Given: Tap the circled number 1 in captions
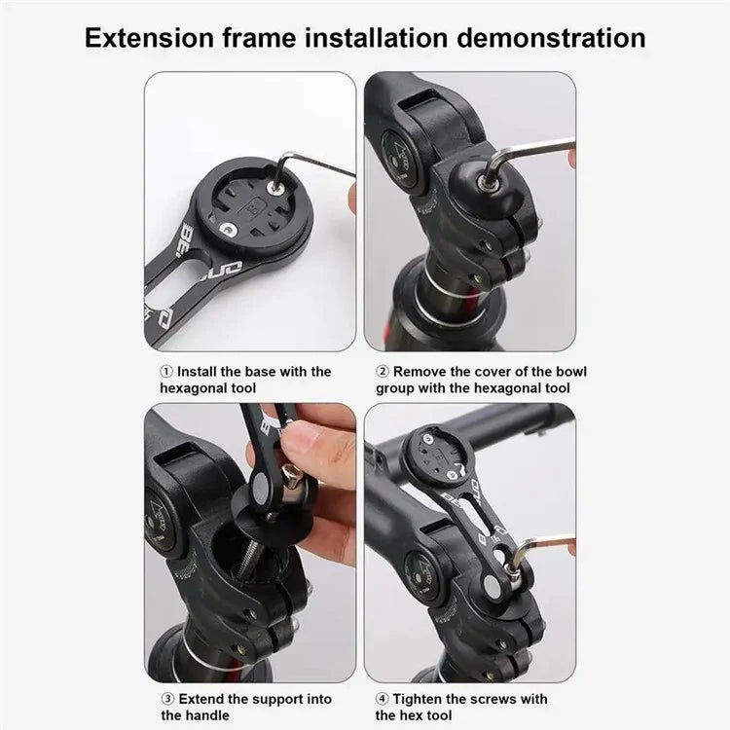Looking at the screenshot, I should (x=166, y=372).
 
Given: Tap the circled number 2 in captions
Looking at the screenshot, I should (x=383, y=372).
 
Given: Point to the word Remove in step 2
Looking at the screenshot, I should (x=423, y=372).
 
